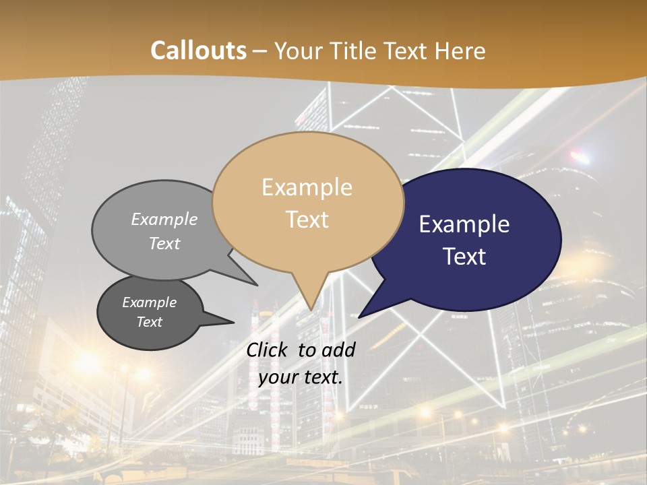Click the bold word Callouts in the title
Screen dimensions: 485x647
click(198, 51)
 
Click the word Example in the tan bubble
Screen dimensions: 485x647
click(307, 187)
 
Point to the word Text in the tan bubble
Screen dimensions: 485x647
click(307, 220)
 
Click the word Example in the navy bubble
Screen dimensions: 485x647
click(464, 224)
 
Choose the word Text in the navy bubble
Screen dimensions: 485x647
click(464, 257)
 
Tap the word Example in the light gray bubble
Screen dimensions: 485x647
click(164, 220)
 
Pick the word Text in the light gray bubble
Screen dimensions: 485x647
click(164, 243)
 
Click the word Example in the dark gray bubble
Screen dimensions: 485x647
click(150, 302)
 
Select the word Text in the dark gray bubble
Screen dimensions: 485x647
click(150, 322)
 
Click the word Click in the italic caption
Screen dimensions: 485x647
click(268, 350)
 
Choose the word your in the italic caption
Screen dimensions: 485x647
click(277, 377)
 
